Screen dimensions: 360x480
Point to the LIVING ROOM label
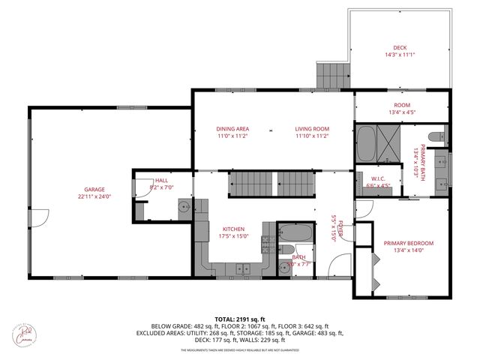tap(311, 129)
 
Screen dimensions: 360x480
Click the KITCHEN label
tap(233, 229)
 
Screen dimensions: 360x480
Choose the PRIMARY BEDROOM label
tap(409, 243)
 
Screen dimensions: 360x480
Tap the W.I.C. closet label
tap(376, 178)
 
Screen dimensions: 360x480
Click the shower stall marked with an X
tap(388, 143)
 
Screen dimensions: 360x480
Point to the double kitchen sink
tap(241, 268)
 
